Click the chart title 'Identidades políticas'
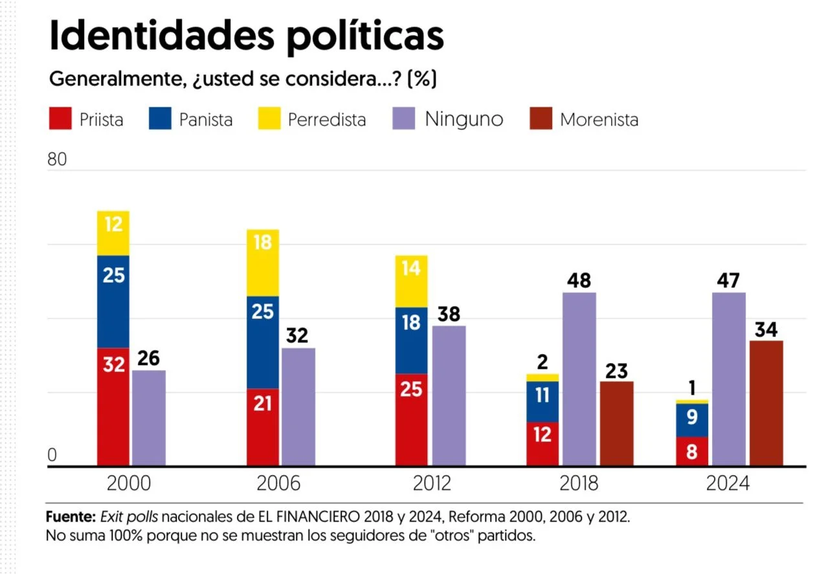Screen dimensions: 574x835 pyautogui.click(x=246, y=36)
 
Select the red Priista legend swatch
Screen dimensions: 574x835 pyautogui.click(x=60, y=119)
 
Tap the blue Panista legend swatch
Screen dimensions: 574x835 pyautogui.click(x=160, y=119)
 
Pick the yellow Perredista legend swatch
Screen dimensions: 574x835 pyautogui.click(x=269, y=119)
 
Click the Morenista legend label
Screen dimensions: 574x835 pyautogui.click(x=599, y=120)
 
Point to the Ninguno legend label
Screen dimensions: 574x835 pyautogui.click(x=463, y=119)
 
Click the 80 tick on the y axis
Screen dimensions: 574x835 pyautogui.click(x=57, y=159)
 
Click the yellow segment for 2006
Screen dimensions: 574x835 pyautogui.click(x=264, y=263)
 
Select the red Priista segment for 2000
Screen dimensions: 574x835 pyautogui.click(x=113, y=406)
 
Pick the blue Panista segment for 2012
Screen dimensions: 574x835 pyautogui.click(x=412, y=340)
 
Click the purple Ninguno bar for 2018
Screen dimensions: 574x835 pyautogui.click(x=579, y=379)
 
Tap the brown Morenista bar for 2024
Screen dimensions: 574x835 pyautogui.click(x=766, y=403)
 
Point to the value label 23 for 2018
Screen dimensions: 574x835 pyautogui.click(x=616, y=371)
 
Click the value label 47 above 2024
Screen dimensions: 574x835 pyautogui.click(x=728, y=281)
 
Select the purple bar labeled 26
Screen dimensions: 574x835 pyautogui.click(x=149, y=417)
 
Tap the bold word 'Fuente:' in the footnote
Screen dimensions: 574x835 pyautogui.click(x=71, y=518)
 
